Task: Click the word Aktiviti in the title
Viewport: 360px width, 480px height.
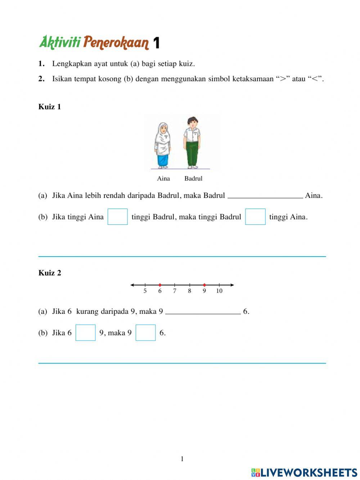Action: (x=60, y=42)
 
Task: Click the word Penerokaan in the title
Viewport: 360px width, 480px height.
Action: (x=116, y=43)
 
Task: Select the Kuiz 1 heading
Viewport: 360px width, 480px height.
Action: (x=50, y=107)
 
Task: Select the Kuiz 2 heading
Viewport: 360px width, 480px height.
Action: (x=50, y=273)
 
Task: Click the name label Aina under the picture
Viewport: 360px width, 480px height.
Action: (x=163, y=178)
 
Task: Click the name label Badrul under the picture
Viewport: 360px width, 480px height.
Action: (x=193, y=178)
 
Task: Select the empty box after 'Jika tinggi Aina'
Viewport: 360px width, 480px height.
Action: (x=118, y=217)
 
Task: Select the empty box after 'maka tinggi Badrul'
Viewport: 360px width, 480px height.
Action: (x=255, y=217)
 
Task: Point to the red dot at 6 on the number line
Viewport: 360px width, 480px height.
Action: (x=160, y=285)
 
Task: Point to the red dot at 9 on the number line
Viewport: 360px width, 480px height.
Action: (x=204, y=285)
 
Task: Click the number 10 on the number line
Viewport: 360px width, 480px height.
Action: (x=219, y=291)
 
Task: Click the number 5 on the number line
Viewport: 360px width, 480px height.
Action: (x=145, y=291)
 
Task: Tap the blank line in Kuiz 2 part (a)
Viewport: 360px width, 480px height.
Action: (x=203, y=312)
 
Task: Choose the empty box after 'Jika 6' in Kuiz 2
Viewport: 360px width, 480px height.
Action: (x=86, y=333)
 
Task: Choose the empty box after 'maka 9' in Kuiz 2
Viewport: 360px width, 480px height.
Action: (x=145, y=333)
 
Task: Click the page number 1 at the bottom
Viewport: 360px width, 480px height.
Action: (x=182, y=459)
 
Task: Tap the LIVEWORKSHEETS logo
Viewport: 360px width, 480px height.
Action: (x=304, y=472)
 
